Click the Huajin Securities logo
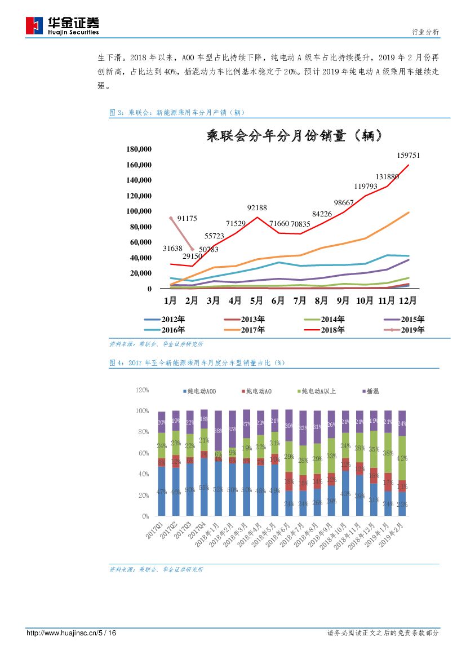[x=63, y=25]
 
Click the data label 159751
[x=409, y=155]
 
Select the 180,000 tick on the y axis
[x=139, y=149]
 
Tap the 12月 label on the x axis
[x=408, y=300]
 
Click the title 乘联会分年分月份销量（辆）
[x=296, y=135]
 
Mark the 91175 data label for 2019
[x=187, y=218]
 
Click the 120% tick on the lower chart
[x=141, y=390]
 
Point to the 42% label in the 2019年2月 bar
[x=402, y=458]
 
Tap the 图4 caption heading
[x=197, y=363]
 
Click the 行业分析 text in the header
[x=425, y=32]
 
